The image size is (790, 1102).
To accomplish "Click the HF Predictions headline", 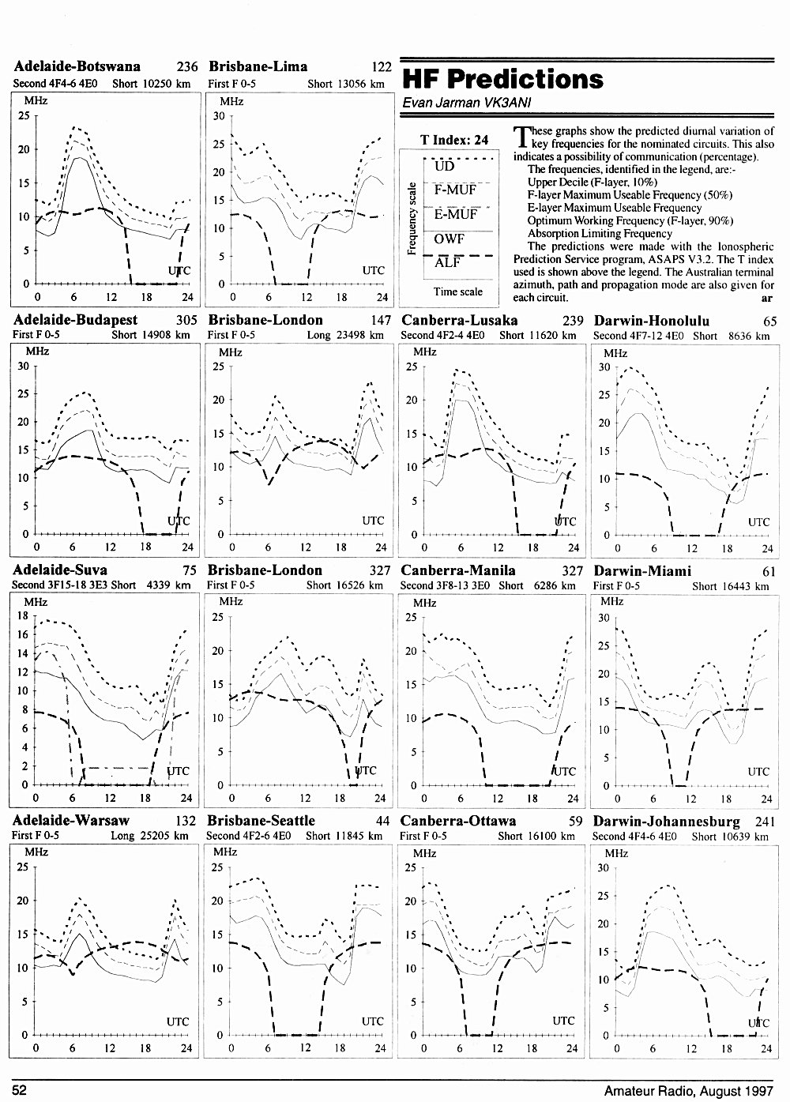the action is (502, 79).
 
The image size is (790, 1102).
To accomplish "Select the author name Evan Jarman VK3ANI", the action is (466, 103).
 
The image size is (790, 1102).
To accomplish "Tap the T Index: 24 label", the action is (454, 140).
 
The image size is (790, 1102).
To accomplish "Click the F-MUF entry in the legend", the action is (455, 190).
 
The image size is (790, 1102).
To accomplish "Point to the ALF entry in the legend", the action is (446, 263).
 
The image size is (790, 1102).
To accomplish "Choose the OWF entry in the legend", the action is (449, 239).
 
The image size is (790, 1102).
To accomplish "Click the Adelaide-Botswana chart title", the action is (77, 66).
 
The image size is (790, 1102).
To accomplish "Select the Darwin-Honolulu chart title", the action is (651, 321).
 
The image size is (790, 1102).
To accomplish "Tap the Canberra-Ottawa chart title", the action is (458, 820).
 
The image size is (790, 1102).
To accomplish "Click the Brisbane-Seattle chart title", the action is (261, 820).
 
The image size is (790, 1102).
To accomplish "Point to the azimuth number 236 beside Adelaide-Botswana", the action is (187, 66).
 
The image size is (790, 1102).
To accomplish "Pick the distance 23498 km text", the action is (359, 336).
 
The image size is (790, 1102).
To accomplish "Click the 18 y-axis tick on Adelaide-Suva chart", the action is (23, 615).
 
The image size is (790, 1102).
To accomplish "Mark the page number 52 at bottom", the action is (19, 1089).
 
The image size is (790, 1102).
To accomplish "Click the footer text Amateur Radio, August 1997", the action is (689, 1091).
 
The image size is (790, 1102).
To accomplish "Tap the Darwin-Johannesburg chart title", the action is (667, 821).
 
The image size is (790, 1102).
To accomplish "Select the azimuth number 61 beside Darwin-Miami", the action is (769, 571).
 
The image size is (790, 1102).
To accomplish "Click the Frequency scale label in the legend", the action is (412, 219).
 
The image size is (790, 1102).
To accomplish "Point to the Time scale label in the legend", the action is (457, 291).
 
